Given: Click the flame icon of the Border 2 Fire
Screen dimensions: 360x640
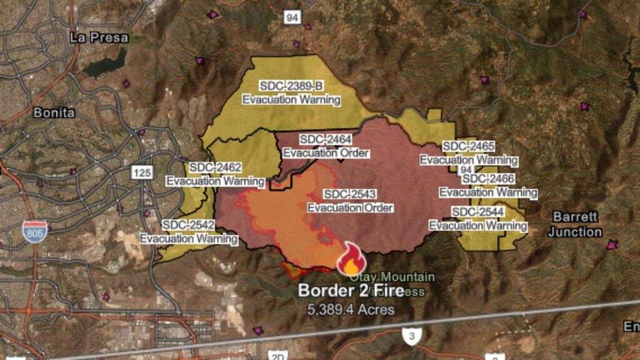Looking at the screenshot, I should click(351, 259).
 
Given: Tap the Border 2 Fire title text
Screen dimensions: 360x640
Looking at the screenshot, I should click(351, 291).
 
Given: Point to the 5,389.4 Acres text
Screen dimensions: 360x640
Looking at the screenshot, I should click(351, 309).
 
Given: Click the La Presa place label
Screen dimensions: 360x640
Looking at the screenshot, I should click(99, 37).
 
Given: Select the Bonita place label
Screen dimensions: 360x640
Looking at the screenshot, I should click(54, 113).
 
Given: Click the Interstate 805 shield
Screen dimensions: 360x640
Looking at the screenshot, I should click(34, 231).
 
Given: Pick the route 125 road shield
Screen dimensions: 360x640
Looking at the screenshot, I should click(142, 172).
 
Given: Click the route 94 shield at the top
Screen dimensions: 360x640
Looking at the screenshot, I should click(292, 17).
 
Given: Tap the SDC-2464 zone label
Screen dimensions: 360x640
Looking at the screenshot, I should click(325, 139).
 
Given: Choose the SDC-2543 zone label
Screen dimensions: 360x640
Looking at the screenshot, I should click(350, 194).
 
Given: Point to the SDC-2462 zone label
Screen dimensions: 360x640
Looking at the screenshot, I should click(215, 167).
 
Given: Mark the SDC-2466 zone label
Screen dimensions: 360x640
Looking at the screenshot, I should click(488, 179).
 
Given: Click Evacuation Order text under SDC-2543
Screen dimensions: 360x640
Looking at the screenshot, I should click(350, 207).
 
